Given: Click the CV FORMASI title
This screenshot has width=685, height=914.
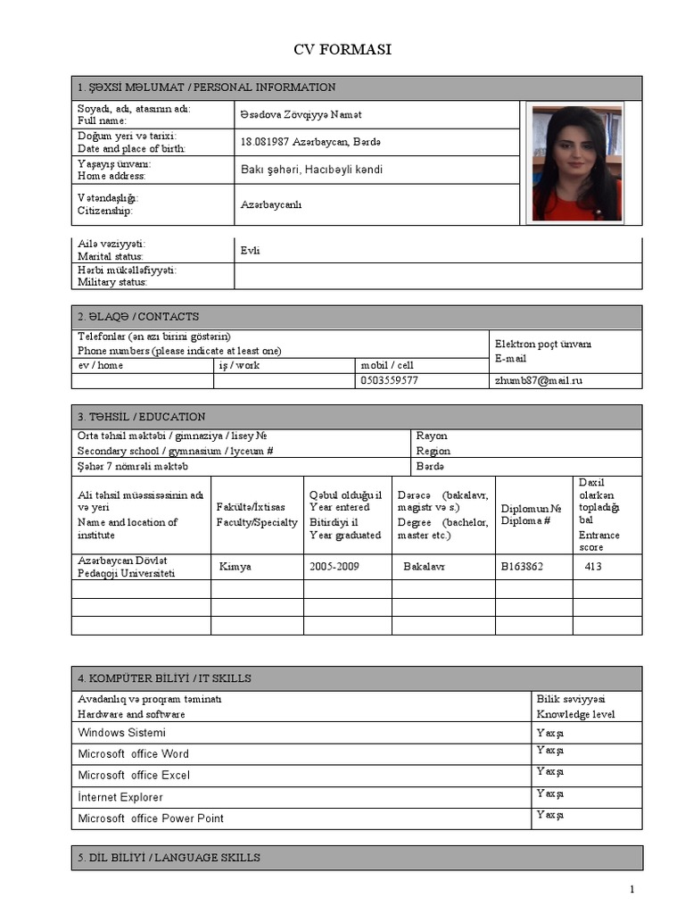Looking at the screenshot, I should [342, 50].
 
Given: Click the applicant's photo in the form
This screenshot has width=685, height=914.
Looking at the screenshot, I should [576, 162].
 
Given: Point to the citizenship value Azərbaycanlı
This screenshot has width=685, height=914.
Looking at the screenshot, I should [271, 204].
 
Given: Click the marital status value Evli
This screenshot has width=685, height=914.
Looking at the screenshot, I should [250, 251].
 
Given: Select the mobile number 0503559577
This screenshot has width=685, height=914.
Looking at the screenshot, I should [389, 380].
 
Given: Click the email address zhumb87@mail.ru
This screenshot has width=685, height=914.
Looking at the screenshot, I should [539, 380].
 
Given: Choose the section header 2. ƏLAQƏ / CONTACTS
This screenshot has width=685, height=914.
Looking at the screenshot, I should [138, 317].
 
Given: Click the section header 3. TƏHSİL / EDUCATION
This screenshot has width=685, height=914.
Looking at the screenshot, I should [142, 417].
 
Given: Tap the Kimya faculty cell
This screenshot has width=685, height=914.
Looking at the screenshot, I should [235, 567].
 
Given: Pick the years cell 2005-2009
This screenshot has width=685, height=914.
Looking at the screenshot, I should [334, 567].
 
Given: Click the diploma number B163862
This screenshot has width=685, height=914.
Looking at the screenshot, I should [522, 567].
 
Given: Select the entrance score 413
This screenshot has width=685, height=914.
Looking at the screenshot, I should [594, 567].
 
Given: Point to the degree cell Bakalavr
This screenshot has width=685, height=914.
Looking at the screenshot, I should [425, 567].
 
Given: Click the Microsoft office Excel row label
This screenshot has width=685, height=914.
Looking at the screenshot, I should [134, 776].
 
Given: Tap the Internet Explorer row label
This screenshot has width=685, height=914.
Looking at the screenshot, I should [120, 797].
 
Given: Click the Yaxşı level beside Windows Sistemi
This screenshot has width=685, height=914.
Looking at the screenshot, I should [549, 732].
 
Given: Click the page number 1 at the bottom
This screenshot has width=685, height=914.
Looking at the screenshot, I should [631, 889].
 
